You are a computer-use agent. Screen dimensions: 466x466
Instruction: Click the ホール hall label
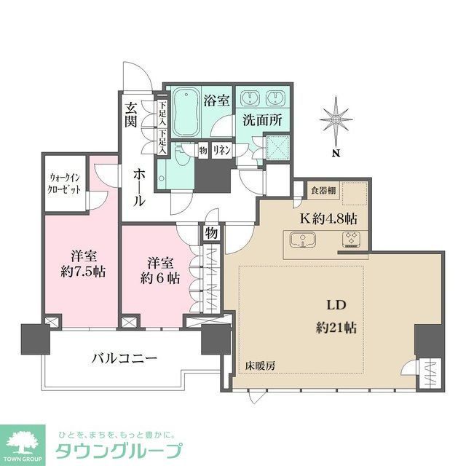pos(139,185)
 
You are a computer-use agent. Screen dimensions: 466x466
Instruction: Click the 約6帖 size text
pos(159,278)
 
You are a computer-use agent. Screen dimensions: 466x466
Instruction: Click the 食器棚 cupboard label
pos(322,191)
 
